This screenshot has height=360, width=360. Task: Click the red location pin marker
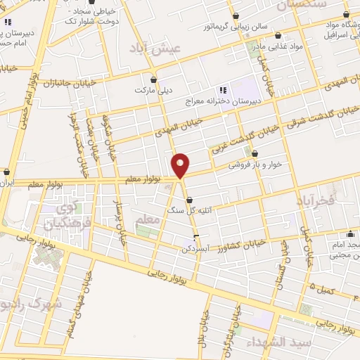click(181, 165)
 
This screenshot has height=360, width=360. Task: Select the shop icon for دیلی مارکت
click(154, 79)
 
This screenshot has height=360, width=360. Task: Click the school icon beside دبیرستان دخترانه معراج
click(223, 91)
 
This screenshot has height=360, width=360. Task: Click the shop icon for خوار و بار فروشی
click(255, 154)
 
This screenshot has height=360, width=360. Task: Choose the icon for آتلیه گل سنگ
click(189, 200)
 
